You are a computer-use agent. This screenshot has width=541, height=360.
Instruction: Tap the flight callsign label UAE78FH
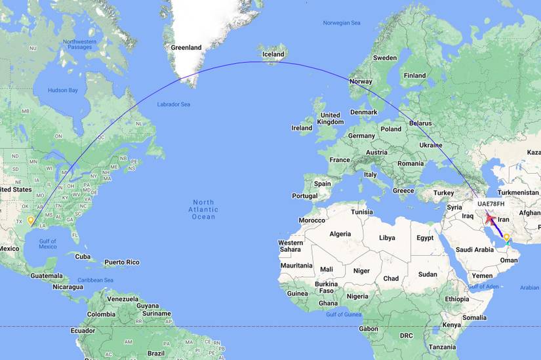(491, 204)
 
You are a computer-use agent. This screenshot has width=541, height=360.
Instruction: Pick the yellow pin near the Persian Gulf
(507, 237)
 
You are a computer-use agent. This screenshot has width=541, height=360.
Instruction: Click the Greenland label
(186, 47)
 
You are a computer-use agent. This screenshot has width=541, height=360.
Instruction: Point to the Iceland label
(273, 54)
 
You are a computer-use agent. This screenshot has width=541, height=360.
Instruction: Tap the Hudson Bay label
(64, 90)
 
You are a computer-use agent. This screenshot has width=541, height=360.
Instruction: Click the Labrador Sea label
(174, 104)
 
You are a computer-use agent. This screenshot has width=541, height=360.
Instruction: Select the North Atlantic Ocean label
(203, 209)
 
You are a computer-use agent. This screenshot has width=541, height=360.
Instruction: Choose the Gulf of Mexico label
(48, 244)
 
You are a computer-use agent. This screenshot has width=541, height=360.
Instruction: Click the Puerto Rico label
(122, 262)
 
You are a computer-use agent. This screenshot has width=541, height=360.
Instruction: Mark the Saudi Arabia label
(474, 249)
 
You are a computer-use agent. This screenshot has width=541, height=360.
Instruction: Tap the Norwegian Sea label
(342, 23)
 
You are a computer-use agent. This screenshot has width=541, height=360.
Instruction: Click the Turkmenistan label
(517, 192)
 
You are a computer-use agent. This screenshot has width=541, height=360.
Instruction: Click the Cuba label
(83, 256)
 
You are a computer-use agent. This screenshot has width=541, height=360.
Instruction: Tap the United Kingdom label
(330, 118)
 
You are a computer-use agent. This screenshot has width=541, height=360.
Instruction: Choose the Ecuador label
(83, 330)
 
